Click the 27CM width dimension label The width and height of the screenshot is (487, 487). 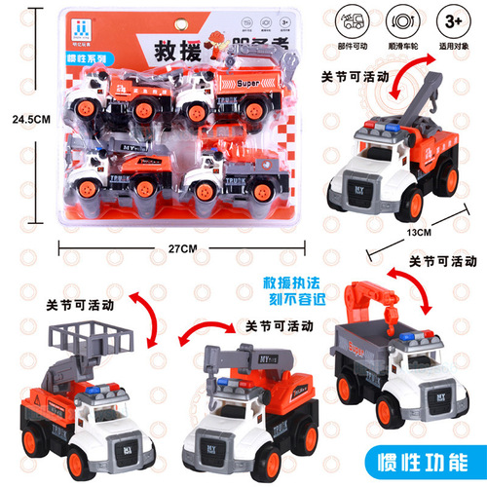(182, 249)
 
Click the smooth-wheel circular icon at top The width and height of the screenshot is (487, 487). (401, 19)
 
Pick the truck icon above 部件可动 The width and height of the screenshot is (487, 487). (353, 19)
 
